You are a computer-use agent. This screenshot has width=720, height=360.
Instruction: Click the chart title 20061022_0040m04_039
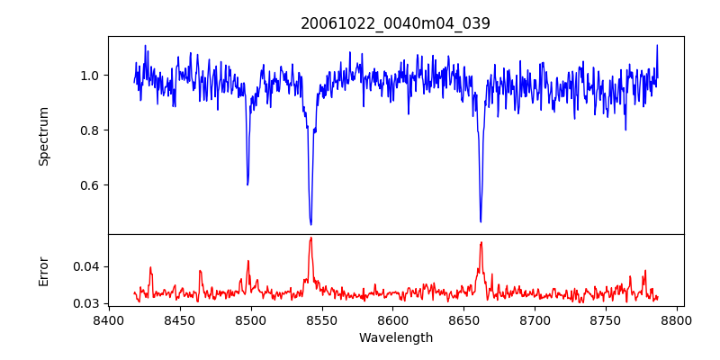pyautogui.click(x=395, y=23)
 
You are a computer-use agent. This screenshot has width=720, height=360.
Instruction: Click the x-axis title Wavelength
pyautogui.click(x=395, y=338)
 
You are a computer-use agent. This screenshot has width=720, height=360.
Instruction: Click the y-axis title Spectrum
pyautogui.click(x=44, y=136)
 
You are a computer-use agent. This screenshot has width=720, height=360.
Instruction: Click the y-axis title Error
pyautogui.click(x=44, y=271)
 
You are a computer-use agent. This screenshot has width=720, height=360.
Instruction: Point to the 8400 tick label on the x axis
pyautogui.click(x=108, y=320)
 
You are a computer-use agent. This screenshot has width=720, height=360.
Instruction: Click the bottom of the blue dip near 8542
pyautogui.click(x=310, y=224)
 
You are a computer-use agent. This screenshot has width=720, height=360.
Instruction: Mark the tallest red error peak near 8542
pyautogui.click(x=310, y=238)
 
